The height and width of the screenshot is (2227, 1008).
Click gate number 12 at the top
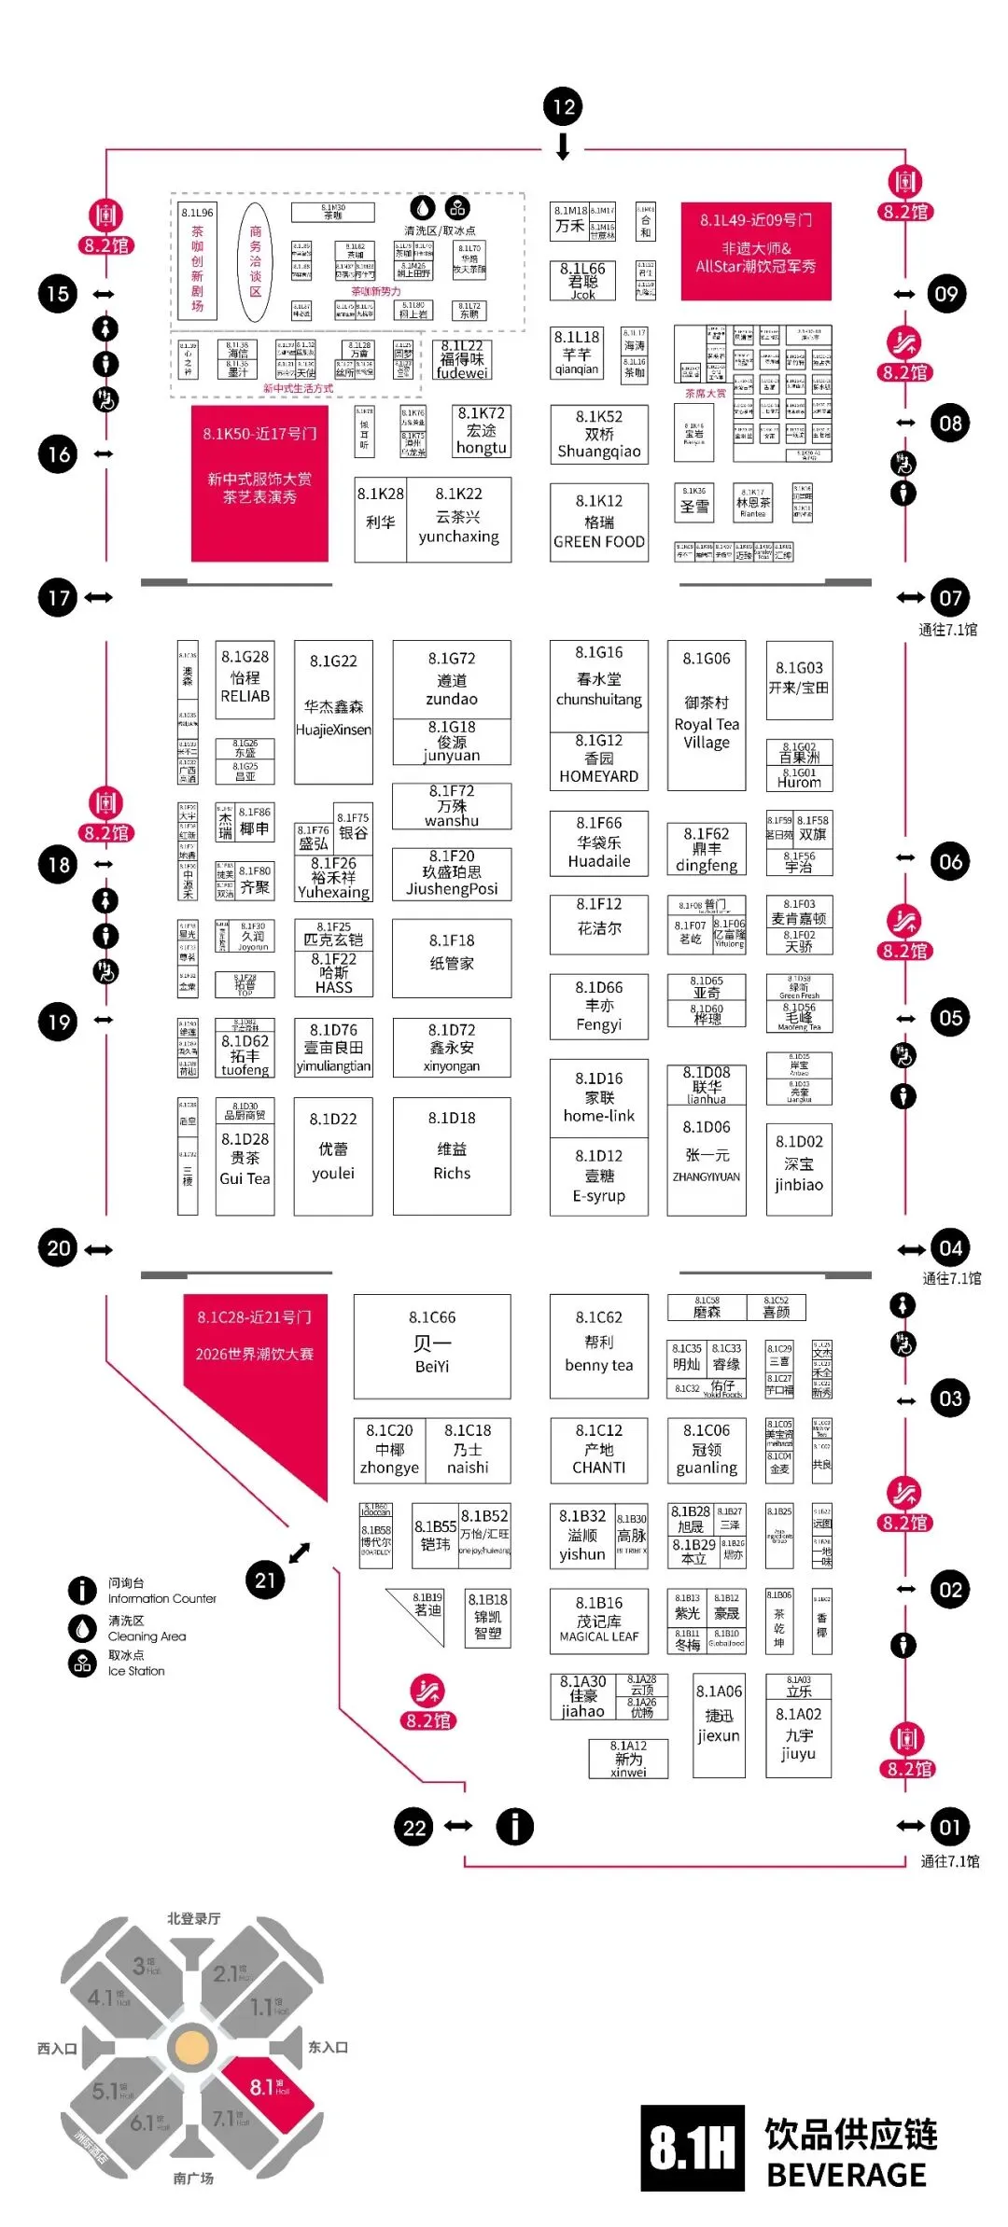(x=563, y=107)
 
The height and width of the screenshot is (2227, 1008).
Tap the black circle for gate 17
(x=59, y=597)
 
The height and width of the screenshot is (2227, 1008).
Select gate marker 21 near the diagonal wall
(x=266, y=1580)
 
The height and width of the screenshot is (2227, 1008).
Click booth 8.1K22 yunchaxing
(x=458, y=520)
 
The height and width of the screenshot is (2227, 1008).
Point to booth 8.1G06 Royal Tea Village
(x=707, y=715)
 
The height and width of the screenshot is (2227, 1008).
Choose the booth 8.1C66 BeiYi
(x=432, y=1345)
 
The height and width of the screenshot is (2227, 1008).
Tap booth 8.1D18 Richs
(x=452, y=1156)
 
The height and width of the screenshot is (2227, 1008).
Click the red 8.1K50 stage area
(x=259, y=482)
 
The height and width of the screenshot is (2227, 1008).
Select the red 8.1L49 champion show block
(x=756, y=251)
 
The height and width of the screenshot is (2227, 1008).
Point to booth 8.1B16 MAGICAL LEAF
(x=599, y=1621)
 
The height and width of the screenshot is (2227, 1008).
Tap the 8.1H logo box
(x=693, y=2148)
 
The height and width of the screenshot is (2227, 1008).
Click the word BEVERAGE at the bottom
(x=846, y=2175)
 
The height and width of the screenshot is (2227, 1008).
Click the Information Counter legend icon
(x=82, y=1590)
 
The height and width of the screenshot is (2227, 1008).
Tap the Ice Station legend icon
(x=82, y=1663)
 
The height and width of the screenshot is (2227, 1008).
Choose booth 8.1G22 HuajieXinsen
(x=333, y=711)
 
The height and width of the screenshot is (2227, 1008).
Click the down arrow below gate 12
(x=563, y=147)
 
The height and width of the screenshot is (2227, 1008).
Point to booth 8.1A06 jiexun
(x=719, y=1724)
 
